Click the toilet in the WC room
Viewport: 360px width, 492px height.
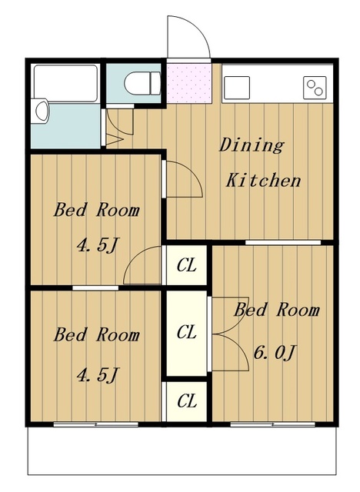[x=142, y=83]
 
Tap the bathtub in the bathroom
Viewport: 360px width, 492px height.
[x=65, y=83]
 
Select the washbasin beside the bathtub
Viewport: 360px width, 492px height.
[x=41, y=111]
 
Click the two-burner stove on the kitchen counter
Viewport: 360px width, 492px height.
[x=315, y=88]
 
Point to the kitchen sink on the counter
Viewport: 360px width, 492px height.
[x=237, y=88]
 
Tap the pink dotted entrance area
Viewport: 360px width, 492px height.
[x=188, y=83]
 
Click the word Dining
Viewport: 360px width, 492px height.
[x=252, y=146]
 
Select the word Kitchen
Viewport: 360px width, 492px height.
[x=263, y=180]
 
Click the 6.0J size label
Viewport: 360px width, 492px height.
[x=275, y=354]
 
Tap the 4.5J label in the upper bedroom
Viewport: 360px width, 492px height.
[x=98, y=245]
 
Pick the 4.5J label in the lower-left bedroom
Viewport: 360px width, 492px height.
[x=98, y=374]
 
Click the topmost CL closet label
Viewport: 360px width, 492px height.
[x=186, y=265]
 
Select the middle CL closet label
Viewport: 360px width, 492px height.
[x=186, y=332]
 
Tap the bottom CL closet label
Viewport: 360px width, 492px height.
[x=187, y=401]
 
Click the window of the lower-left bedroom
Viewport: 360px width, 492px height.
[x=95, y=424]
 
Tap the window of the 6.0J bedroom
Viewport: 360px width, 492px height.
[x=272, y=424]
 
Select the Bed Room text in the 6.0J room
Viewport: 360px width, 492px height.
[x=276, y=310]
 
